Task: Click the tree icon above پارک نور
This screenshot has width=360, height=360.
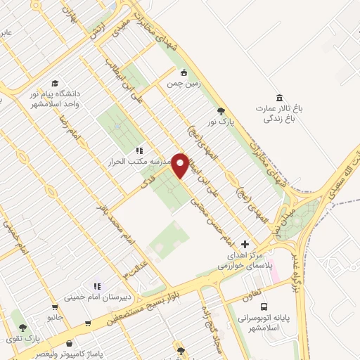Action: tap(221, 110)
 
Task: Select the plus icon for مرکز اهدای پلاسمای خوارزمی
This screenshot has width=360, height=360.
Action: tap(245, 243)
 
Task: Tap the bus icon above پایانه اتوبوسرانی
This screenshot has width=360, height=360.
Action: tap(264, 307)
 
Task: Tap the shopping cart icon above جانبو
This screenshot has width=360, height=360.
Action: tap(55, 307)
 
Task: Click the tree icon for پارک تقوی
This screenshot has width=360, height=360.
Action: tap(22, 328)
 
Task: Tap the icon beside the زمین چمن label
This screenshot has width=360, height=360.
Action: tap(184, 72)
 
